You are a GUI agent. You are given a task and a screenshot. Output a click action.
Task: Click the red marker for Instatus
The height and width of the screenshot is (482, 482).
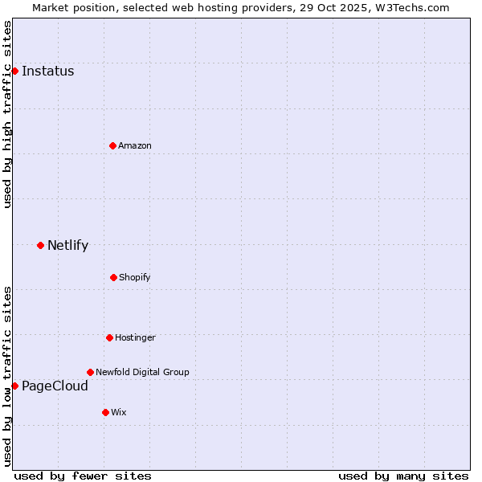14,71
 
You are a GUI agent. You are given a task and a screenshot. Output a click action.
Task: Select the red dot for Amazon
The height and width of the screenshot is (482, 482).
112,145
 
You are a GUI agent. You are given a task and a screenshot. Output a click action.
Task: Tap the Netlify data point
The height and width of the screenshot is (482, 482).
40,245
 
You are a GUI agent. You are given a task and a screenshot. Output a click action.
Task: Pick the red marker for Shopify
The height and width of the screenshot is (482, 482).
113,277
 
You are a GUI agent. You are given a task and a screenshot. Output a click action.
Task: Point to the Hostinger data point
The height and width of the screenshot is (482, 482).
109,337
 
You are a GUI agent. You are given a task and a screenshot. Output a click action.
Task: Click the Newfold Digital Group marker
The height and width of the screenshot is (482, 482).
90,372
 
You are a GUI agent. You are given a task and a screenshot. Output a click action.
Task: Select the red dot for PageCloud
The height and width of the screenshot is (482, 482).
14,386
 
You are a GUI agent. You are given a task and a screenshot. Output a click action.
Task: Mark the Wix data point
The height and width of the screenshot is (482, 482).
105,412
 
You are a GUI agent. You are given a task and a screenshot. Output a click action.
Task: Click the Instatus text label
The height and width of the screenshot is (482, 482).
47,71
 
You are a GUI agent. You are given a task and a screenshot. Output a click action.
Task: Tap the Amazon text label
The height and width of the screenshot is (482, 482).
135,145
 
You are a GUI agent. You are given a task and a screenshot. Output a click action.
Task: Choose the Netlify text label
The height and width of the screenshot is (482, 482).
67,245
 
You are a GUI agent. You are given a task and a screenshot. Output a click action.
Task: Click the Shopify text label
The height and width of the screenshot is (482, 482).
135,277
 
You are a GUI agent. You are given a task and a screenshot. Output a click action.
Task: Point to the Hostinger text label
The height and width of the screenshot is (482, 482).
135,337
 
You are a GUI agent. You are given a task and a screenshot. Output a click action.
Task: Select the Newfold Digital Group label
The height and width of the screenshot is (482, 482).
142,372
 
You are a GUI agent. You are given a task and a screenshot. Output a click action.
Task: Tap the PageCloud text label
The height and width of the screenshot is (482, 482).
55,386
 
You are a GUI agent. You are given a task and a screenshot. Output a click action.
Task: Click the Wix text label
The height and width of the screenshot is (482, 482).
119,412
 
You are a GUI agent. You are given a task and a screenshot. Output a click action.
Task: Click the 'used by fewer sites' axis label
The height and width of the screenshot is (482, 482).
83,476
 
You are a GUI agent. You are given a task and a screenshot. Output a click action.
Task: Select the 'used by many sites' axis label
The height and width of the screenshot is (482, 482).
403,476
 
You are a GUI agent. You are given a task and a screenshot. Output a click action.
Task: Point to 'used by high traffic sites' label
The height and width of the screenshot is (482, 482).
7,114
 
